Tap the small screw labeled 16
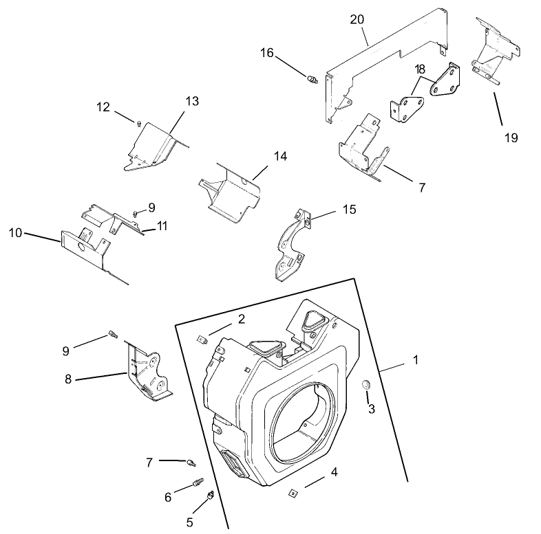point(311,81)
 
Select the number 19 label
point(510,137)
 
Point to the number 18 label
point(420,71)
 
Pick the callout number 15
point(350,209)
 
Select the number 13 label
point(191,101)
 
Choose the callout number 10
point(14,233)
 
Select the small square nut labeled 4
point(293,492)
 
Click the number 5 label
point(189,522)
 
